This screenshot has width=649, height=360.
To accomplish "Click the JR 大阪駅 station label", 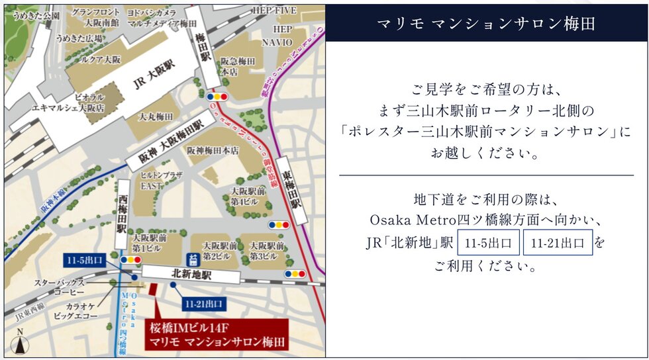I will tap(154, 83).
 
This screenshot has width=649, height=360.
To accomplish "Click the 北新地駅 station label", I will tap(191, 272).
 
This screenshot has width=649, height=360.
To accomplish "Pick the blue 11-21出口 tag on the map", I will tap(202, 303).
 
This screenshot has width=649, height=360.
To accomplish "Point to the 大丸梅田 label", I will tap(156, 116).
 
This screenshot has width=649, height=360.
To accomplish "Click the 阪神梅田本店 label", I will tap(213, 150).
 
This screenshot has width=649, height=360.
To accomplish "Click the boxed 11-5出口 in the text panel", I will tap(488, 243).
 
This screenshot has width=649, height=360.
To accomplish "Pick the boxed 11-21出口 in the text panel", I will tap(557, 243).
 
